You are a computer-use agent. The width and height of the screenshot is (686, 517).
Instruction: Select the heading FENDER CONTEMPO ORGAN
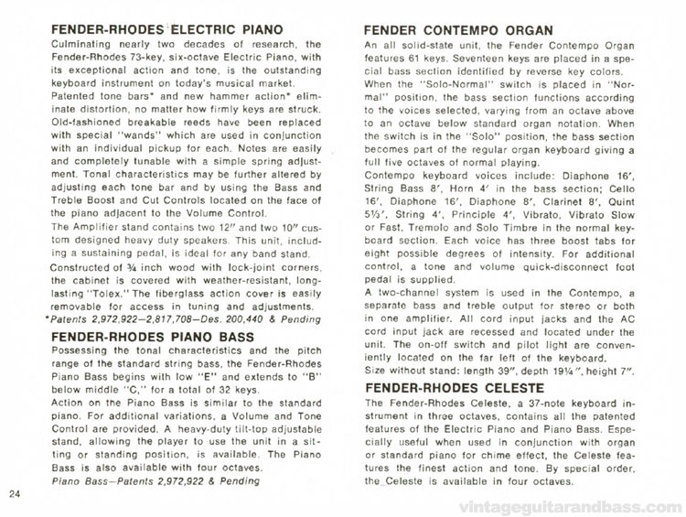(458, 29)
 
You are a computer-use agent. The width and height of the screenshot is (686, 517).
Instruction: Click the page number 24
(14, 495)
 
